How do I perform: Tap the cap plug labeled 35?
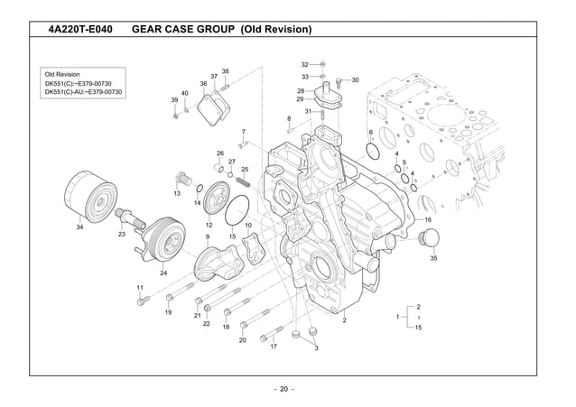(x=431, y=239)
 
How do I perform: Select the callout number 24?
(x=163, y=273)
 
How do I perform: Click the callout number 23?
(x=122, y=234)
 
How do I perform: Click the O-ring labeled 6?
(x=372, y=152)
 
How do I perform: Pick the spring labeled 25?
(x=243, y=183)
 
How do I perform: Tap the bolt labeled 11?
(x=141, y=301)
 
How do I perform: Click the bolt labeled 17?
(x=265, y=339)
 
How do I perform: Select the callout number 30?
(x=355, y=80)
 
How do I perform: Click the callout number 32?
(x=304, y=65)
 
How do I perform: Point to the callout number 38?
(x=225, y=71)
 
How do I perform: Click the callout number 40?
(x=184, y=93)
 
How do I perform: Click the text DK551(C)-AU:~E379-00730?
(x=84, y=92)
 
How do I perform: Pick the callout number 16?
(x=428, y=219)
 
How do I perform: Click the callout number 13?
(x=177, y=193)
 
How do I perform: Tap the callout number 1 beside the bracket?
(x=398, y=317)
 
